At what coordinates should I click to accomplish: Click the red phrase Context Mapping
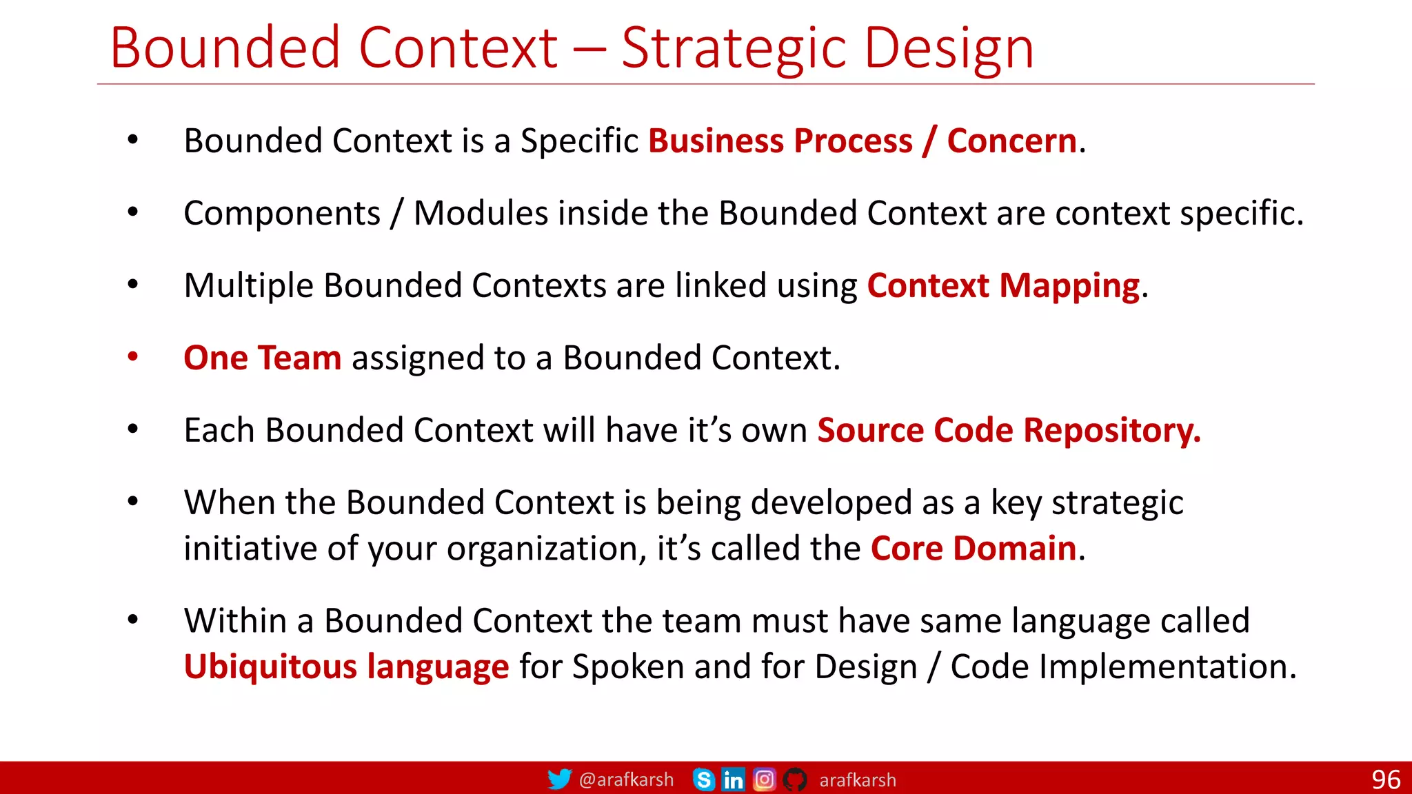(x=1003, y=286)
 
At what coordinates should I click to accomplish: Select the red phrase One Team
(x=262, y=358)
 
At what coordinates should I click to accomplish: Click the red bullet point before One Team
(x=133, y=357)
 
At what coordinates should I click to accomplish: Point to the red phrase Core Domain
(x=974, y=549)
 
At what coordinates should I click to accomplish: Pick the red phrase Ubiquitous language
(x=346, y=667)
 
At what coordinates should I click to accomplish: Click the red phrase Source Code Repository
(x=1008, y=431)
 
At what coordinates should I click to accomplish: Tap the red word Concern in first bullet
(x=1011, y=141)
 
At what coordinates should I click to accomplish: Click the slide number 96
(x=1385, y=780)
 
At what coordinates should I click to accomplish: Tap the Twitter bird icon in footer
(x=559, y=780)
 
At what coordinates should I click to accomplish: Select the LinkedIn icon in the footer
(x=733, y=780)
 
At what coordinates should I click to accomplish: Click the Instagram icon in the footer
(x=764, y=780)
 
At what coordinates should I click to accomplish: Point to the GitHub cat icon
(x=795, y=780)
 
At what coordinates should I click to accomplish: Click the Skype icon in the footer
(x=703, y=780)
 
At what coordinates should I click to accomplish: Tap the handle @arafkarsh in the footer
(x=626, y=780)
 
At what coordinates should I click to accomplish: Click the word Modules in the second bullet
(x=481, y=214)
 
